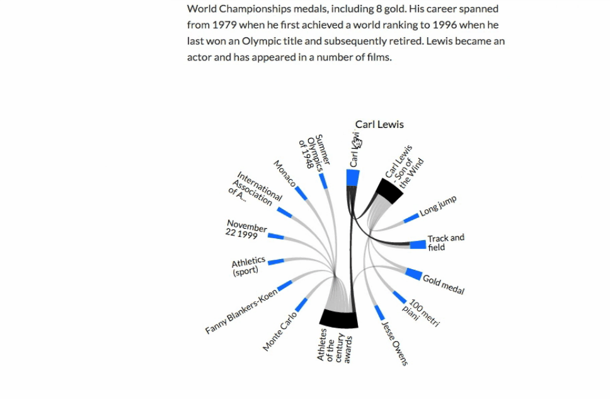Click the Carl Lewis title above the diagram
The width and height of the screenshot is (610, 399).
(x=379, y=124)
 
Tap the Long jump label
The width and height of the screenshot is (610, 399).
(x=438, y=206)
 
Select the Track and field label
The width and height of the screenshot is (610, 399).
(x=446, y=243)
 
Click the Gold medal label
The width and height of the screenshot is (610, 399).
(x=444, y=285)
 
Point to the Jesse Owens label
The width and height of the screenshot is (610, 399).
(x=395, y=343)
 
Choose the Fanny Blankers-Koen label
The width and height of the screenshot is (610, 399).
(x=241, y=312)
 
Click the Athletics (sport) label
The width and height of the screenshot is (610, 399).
(x=248, y=267)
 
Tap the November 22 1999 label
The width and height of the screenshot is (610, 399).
(x=245, y=229)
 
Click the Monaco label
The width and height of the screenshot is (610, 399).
(x=284, y=173)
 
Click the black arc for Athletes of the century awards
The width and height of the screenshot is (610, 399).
(x=338, y=319)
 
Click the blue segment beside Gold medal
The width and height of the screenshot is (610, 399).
(x=413, y=274)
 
